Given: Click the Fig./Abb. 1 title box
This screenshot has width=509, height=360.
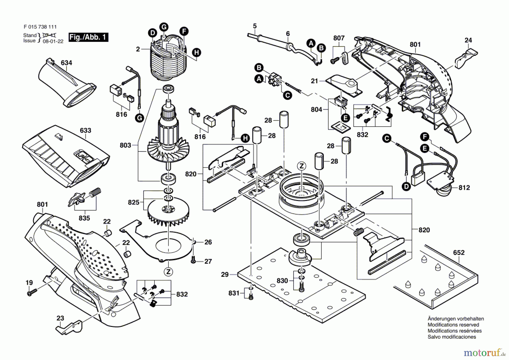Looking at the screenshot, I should coord(89,37).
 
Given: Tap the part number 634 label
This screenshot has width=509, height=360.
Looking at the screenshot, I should coord(66,63).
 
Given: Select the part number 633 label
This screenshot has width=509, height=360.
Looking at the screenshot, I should coord(85,130).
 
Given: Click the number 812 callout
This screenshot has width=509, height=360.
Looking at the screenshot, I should coord(464,187).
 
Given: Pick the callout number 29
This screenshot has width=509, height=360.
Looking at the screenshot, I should coord(225,274).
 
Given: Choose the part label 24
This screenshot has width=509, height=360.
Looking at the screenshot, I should coord(468,40).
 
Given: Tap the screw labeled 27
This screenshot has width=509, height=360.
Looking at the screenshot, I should coord(194,261).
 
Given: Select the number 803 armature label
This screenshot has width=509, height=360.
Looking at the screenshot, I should coord(125,145).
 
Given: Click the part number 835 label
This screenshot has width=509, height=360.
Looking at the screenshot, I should coord(84,218).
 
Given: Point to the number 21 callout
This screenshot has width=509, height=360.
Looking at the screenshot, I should coord(314,81).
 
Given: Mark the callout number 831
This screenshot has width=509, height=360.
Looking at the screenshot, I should coord(234,293).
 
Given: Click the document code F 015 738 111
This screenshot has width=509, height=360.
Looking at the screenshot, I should coord(40,27).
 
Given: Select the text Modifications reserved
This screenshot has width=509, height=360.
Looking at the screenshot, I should coord(453,325).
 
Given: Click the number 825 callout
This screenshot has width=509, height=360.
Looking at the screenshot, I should coord(133,202).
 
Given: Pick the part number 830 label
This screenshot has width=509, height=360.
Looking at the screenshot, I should coord(282,280).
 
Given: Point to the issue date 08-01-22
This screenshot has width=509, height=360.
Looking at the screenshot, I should coord(53,41).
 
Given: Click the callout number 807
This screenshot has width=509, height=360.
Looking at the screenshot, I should coord(339,38).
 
